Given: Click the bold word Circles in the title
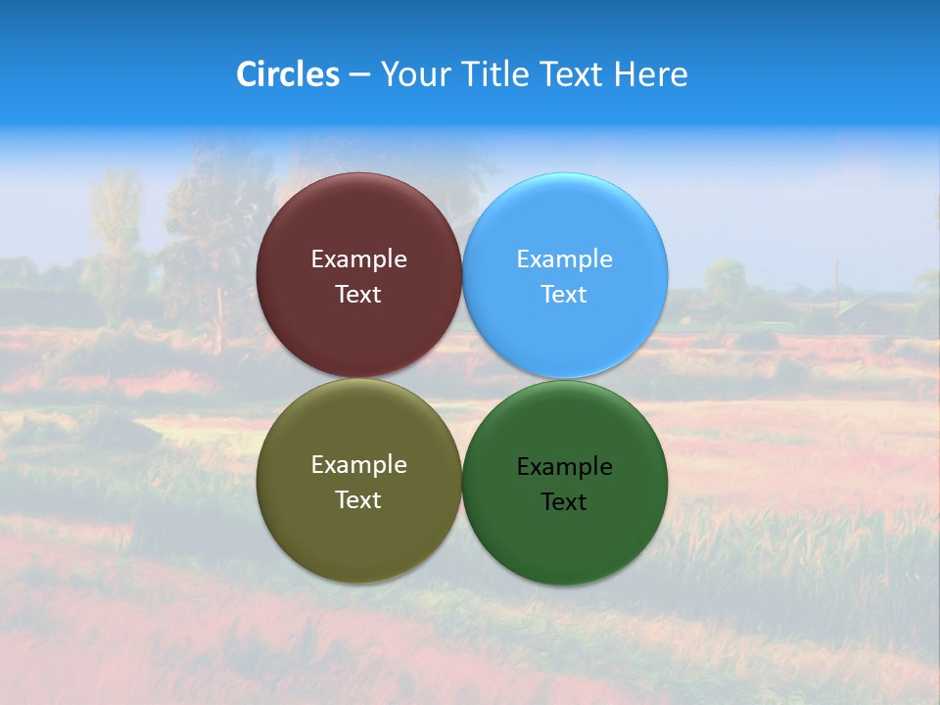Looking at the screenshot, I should (x=287, y=74).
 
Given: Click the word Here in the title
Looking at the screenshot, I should (x=650, y=74).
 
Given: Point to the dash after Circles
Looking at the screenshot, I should (x=358, y=75).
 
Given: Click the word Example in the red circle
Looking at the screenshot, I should (x=358, y=259).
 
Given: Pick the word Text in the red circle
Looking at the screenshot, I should (x=358, y=295).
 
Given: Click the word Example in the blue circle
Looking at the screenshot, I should (x=564, y=259).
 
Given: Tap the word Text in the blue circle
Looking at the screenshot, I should (x=564, y=295).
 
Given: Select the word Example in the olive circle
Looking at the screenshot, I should (x=358, y=465).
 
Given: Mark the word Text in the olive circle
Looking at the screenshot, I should (x=358, y=500).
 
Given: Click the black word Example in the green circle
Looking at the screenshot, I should (x=564, y=467).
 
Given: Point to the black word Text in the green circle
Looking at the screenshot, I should (x=564, y=502).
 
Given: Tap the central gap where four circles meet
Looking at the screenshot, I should (x=462, y=378).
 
